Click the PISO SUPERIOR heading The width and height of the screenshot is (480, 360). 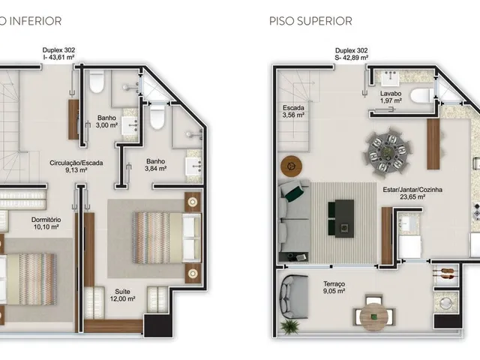coord(310,21)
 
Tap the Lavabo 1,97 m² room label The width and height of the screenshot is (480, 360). coord(391,97)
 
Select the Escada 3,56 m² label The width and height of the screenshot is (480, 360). coord(293,112)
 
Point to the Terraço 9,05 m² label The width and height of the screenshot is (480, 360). coord(334,287)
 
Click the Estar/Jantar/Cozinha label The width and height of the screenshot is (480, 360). coord(412,190)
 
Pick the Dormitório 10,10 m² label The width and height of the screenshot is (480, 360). coord(46,223)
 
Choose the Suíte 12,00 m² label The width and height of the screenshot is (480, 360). coord(122,295)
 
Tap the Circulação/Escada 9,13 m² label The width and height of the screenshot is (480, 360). coord(76,166)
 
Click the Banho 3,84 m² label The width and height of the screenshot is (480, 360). coord(155,165)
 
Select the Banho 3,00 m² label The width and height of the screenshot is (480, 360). coord(106,121)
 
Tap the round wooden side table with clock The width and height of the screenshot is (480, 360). coord(291,166)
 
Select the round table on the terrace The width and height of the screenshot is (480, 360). coord(373,316)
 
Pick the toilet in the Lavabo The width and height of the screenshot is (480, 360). coord(421,96)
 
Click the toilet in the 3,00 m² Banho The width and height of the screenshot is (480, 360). coord(97,82)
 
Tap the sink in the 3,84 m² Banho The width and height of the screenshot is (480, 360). coord(193,166)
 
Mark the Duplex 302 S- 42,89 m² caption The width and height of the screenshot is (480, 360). coord(352,54)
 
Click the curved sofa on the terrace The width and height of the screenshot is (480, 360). coord(290,297)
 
